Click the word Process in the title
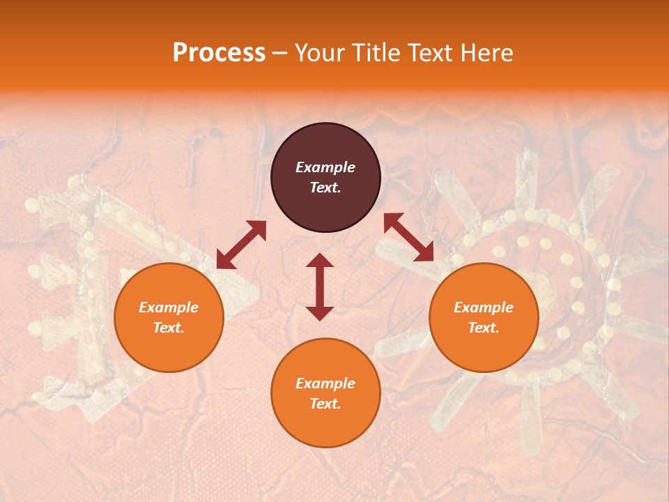219,53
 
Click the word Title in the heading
376,53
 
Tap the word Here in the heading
486,53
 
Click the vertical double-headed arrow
320,287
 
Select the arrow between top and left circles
241,245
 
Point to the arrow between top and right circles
409,238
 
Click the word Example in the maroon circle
325,167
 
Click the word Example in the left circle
169,307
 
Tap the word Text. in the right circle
483,328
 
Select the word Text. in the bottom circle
325,404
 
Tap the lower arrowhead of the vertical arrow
320,313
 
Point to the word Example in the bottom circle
325,383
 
